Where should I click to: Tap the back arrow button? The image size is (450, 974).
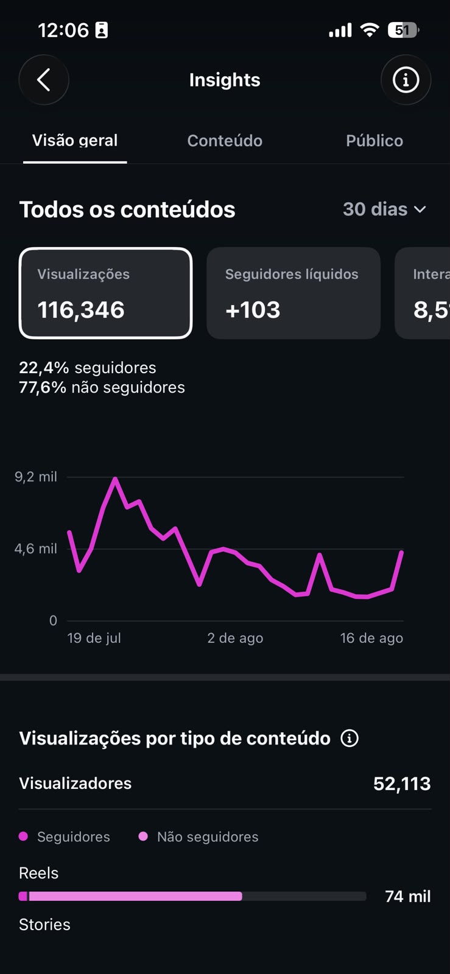coord(43,80)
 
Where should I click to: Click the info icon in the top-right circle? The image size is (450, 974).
coord(406,80)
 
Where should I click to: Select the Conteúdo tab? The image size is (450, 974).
coord(225,141)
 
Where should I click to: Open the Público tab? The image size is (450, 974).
coord(374,141)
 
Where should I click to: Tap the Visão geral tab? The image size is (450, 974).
coord(75,141)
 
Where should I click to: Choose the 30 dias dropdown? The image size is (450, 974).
coord(384,209)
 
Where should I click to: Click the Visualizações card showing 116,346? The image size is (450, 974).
coord(106,293)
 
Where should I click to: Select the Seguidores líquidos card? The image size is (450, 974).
coord(294,293)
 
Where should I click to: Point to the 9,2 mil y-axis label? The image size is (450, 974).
coord(36,477)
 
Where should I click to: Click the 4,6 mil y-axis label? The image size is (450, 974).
coord(36,548)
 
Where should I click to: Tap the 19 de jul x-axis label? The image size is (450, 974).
coord(94,638)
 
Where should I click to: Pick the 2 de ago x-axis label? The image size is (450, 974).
coord(235,638)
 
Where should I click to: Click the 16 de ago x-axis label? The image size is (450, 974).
coord(371,638)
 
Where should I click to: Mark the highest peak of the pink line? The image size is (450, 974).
coord(115,478)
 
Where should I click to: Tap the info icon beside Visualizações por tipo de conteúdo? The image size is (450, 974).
coord(350,738)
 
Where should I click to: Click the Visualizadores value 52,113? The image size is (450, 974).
coord(402,783)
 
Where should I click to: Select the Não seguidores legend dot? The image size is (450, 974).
coord(143,836)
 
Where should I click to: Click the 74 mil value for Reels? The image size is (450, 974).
coord(408,896)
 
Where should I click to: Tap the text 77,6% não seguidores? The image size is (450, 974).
coord(102,387)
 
